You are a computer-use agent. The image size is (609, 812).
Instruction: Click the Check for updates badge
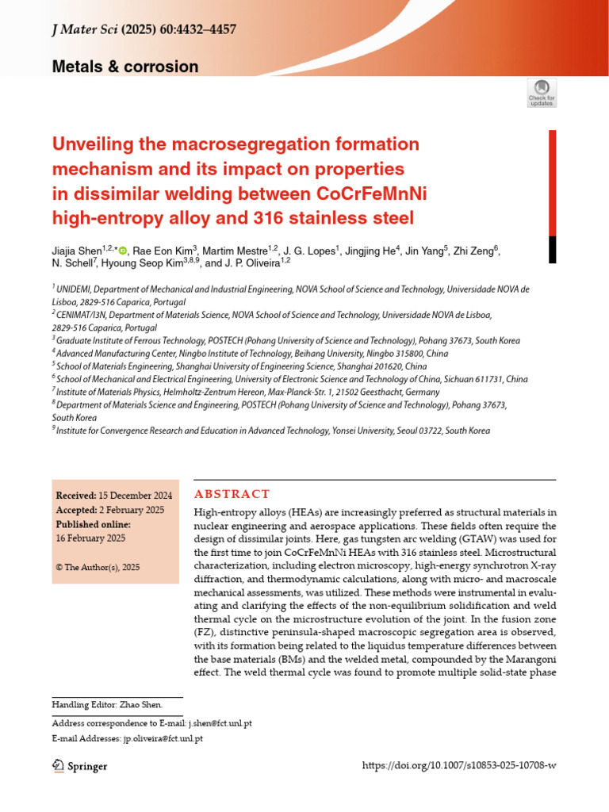point(542,93)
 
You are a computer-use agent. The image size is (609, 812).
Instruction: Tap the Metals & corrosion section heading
point(125,67)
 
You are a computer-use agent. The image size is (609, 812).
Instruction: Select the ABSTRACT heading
point(232,494)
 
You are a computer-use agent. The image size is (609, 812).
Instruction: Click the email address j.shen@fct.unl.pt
point(220,723)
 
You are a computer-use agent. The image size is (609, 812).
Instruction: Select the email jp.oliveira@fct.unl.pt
point(163,738)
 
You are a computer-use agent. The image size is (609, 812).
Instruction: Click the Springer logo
point(79,766)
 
